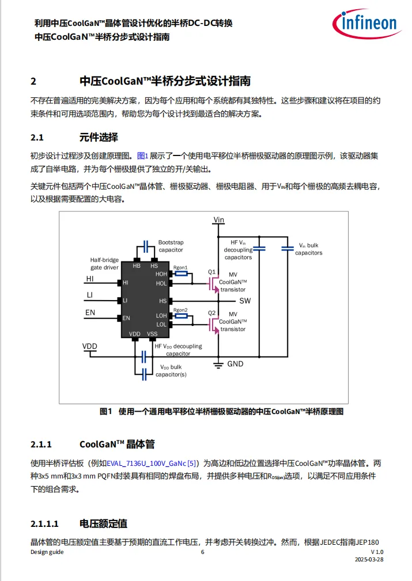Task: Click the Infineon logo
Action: (x=366, y=24)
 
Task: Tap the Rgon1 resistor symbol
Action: (x=181, y=274)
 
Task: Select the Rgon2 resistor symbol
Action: (x=181, y=316)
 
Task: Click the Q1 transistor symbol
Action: (x=214, y=283)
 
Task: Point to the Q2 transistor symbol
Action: (x=214, y=325)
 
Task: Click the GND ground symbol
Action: (x=218, y=364)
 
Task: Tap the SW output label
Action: (x=245, y=301)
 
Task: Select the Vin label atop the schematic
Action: (x=219, y=220)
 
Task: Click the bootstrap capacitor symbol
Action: (x=146, y=246)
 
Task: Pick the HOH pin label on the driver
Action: (x=161, y=274)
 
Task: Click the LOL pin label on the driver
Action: (x=161, y=325)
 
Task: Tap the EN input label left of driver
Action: (x=90, y=312)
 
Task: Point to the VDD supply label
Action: (x=90, y=346)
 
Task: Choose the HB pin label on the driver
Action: (x=137, y=265)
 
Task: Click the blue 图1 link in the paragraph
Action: (x=143, y=156)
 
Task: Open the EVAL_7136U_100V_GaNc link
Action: (x=146, y=463)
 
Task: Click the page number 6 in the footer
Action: (x=202, y=552)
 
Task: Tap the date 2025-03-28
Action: (x=369, y=560)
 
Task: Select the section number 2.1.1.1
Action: (x=44, y=523)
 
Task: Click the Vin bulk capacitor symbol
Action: (x=288, y=249)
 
